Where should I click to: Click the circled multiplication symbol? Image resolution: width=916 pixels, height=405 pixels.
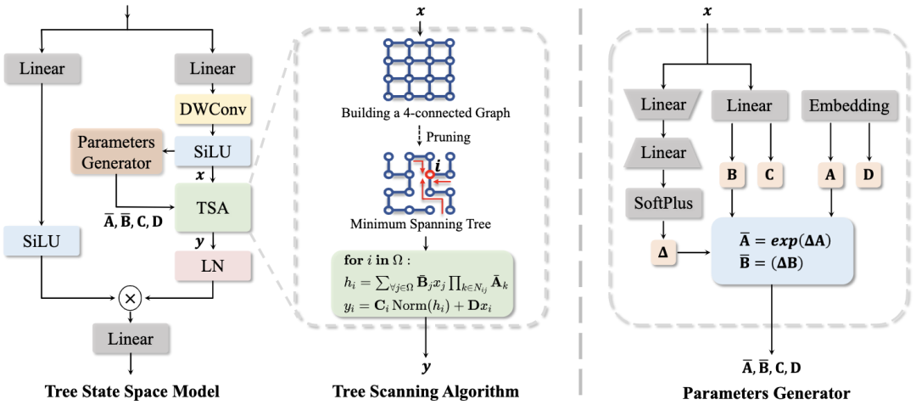(131, 299)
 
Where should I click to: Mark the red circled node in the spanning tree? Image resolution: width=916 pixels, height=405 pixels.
(431, 177)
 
